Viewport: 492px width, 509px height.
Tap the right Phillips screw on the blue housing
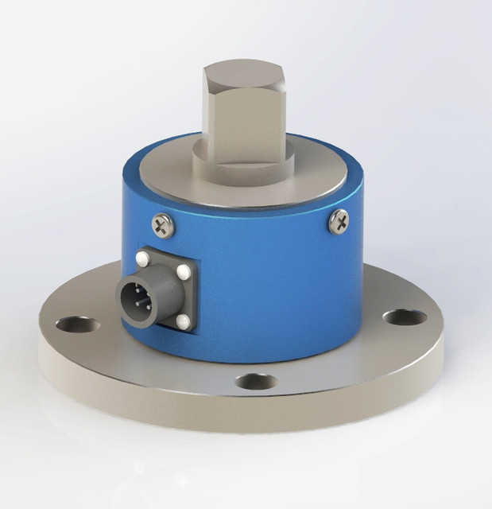[339, 220]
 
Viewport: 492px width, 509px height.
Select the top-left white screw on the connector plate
[142, 258]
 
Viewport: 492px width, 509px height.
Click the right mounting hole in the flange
[404, 317]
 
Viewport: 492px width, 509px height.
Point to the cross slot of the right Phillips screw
[339, 220]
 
